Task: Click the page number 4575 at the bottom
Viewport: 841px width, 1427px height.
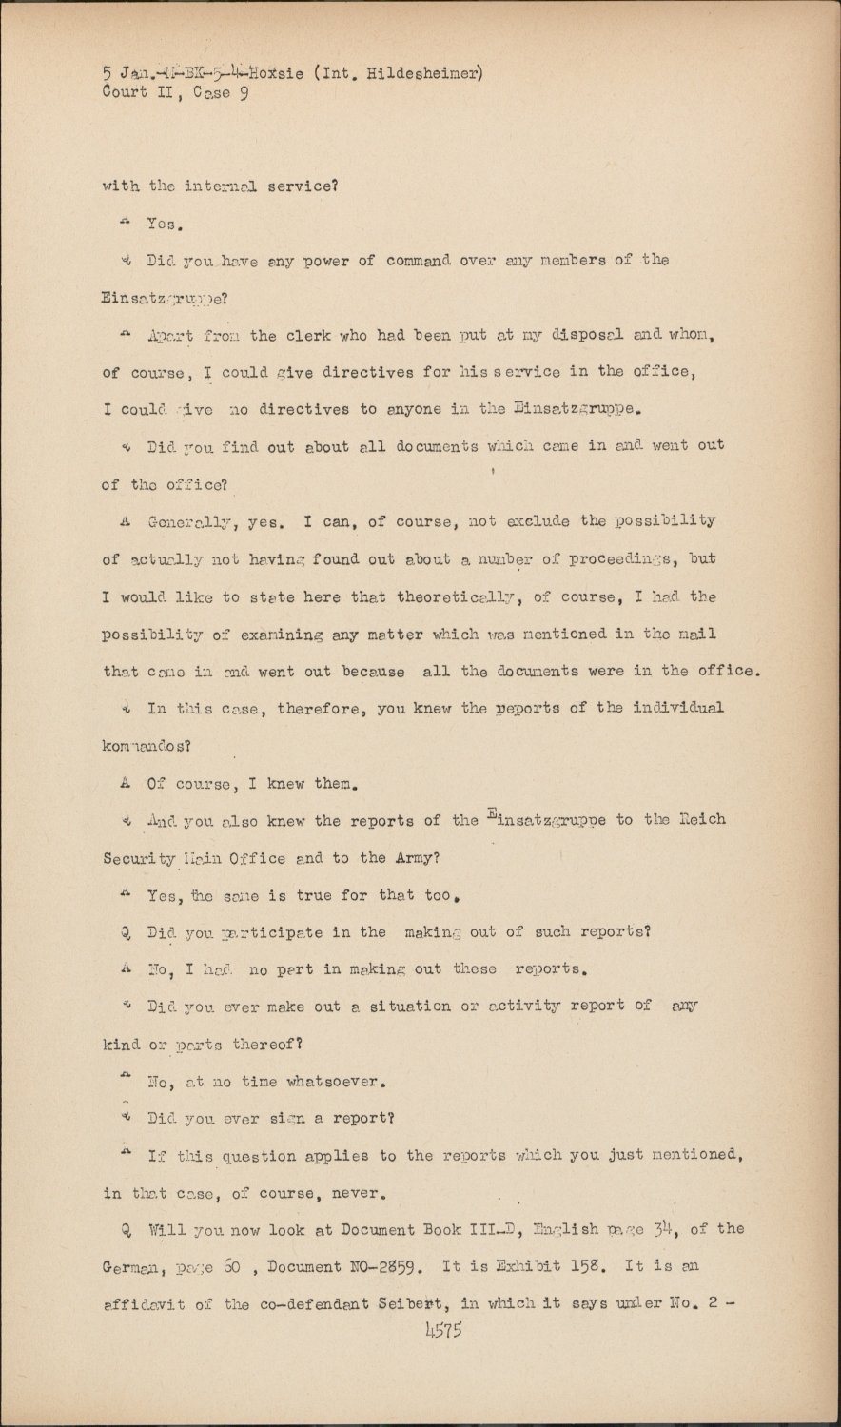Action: [x=442, y=1331]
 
